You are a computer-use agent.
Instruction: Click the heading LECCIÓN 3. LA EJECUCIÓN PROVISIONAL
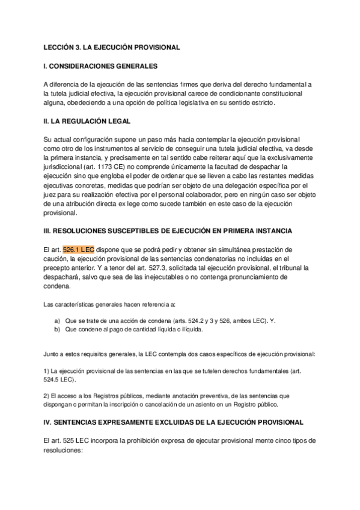(x=112, y=46)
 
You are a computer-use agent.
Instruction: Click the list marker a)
(x=57, y=321)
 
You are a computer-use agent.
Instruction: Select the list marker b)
(x=57, y=330)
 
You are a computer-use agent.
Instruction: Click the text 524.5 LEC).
(x=60, y=380)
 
